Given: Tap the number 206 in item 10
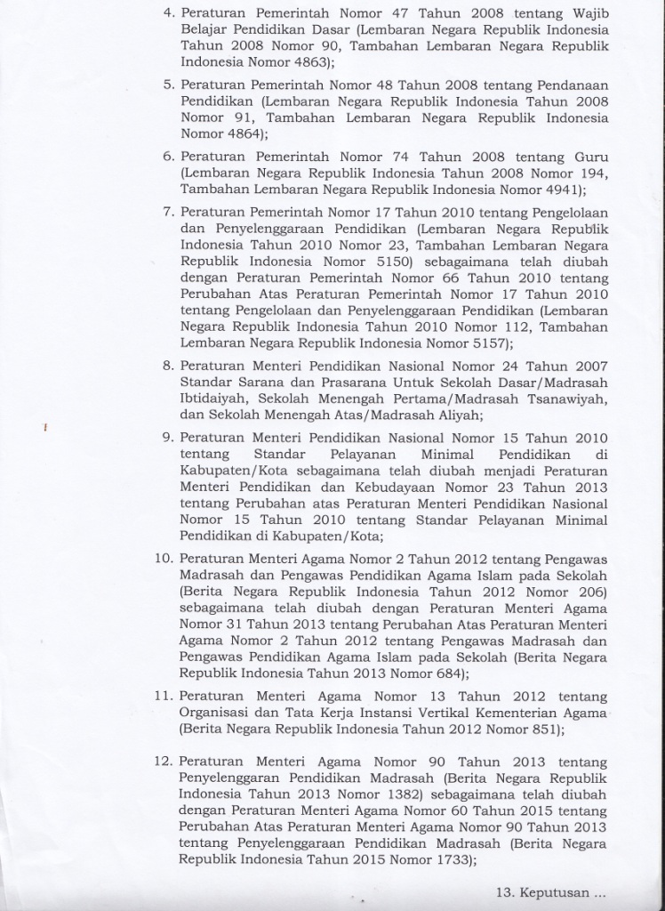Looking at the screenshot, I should (x=591, y=591).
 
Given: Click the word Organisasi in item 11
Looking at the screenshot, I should (x=216, y=712).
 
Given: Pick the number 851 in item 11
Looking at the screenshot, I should (x=541, y=729).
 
